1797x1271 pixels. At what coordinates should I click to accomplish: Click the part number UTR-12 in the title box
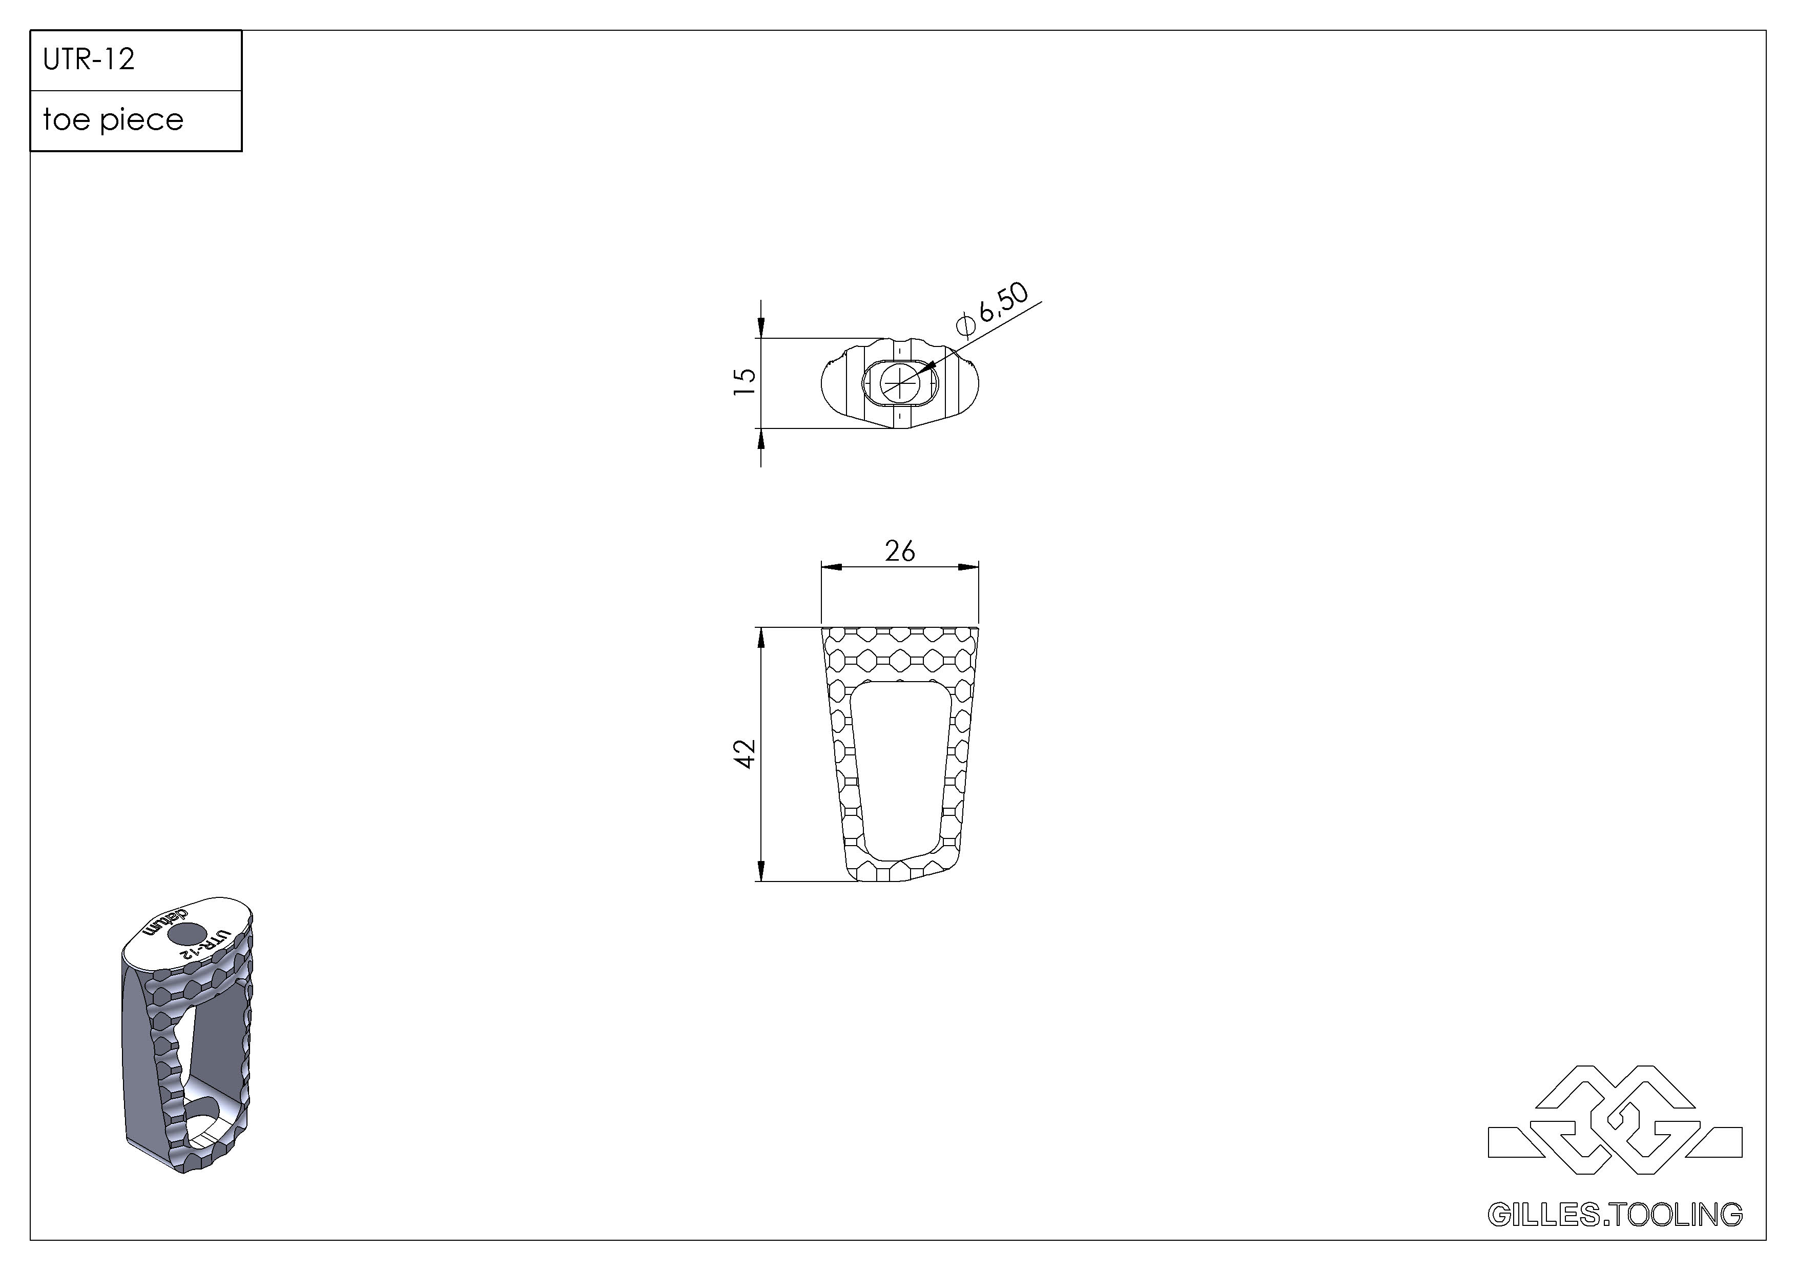point(89,59)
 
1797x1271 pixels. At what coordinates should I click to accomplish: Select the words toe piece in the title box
point(113,120)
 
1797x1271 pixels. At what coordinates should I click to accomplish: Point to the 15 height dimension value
point(745,381)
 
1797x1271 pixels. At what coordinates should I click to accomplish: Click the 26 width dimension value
point(900,552)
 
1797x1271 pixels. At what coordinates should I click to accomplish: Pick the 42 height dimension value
point(745,754)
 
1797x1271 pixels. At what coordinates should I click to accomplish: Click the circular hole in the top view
point(900,383)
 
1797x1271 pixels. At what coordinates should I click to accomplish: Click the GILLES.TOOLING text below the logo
point(1615,1214)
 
